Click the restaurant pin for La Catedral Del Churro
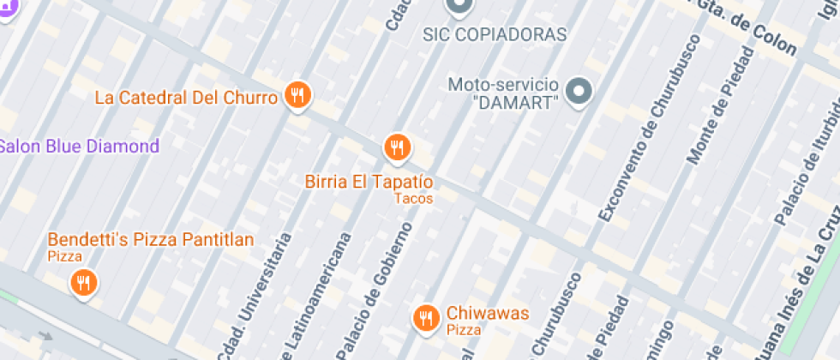297,95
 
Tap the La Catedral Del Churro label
186,97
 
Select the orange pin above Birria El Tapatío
396,147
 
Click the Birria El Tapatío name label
369,182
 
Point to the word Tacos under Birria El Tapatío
413,199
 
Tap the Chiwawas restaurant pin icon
426,318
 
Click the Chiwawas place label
487,313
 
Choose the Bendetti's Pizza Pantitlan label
151,239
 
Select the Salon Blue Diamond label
78,146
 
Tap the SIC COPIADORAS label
495,35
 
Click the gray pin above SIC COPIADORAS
459,7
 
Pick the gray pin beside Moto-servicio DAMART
581,90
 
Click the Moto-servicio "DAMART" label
504,93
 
